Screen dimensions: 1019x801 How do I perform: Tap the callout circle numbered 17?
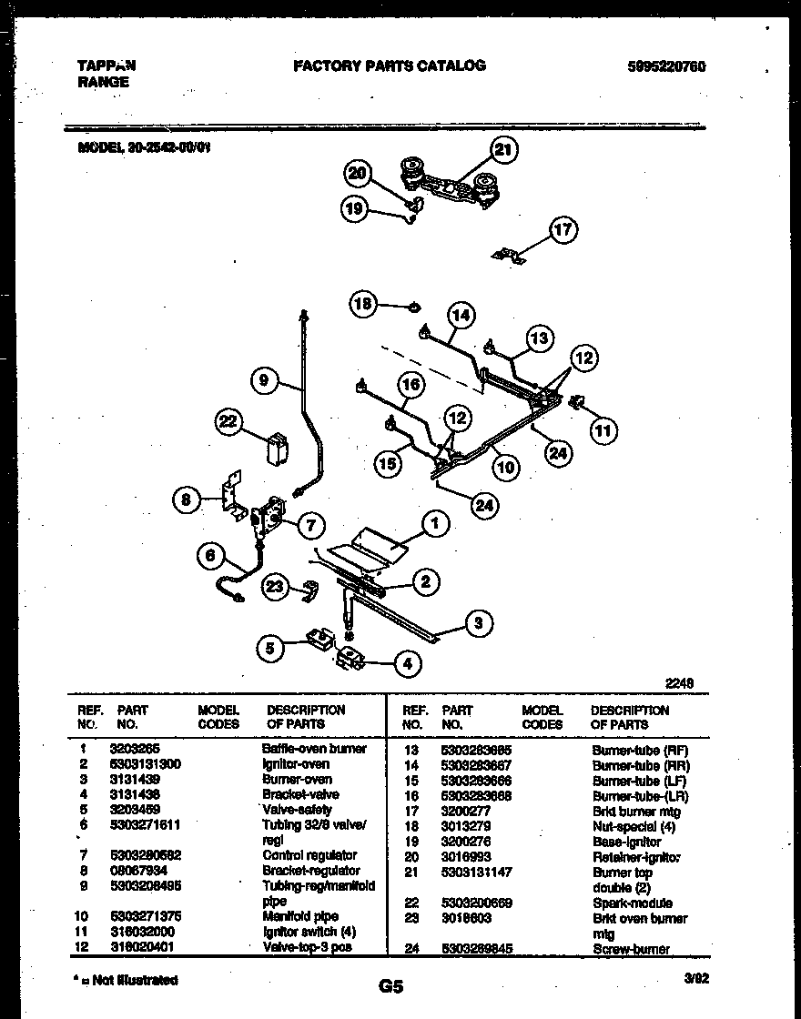[x=563, y=229]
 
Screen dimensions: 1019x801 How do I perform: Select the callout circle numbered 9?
[x=263, y=381]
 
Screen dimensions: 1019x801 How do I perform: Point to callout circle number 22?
[x=229, y=420]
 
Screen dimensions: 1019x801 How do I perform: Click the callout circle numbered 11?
[x=603, y=429]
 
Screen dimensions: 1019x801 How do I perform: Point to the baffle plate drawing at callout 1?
[x=370, y=545]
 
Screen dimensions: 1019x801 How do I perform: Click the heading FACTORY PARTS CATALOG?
[x=389, y=66]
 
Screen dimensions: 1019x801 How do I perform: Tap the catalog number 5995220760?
[x=666, y=66]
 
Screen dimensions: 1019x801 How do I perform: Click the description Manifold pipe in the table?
[x=300, y=917]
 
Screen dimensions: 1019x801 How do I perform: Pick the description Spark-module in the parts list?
[x=632, y=903]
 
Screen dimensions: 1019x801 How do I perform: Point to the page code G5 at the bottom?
[x=389, y=985]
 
